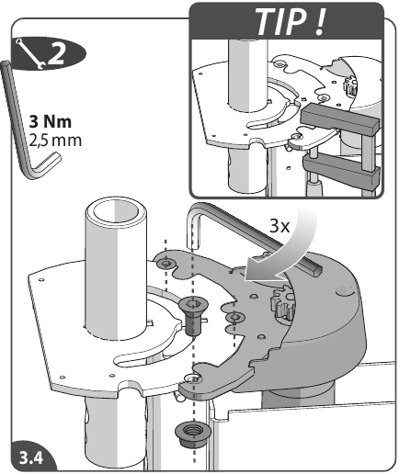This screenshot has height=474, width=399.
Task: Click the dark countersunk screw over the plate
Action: click(x=193, y=319)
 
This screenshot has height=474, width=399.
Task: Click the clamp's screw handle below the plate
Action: click(x=314, y=188)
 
